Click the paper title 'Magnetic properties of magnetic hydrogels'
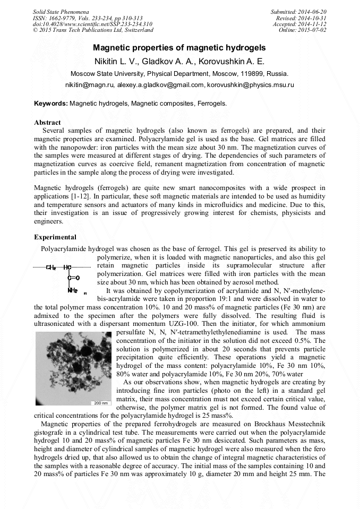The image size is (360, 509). click(x=179, y=48)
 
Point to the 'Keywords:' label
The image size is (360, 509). click(x=50, y=103)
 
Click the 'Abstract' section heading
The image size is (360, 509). click(x=47, y=122)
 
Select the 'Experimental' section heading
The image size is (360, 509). click(x=55, y=237)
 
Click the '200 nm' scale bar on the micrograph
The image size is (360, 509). click(x=100, y=403)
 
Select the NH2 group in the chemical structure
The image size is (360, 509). click(x=73, y=290)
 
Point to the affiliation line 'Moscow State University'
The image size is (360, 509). click(x=179, y=73)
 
